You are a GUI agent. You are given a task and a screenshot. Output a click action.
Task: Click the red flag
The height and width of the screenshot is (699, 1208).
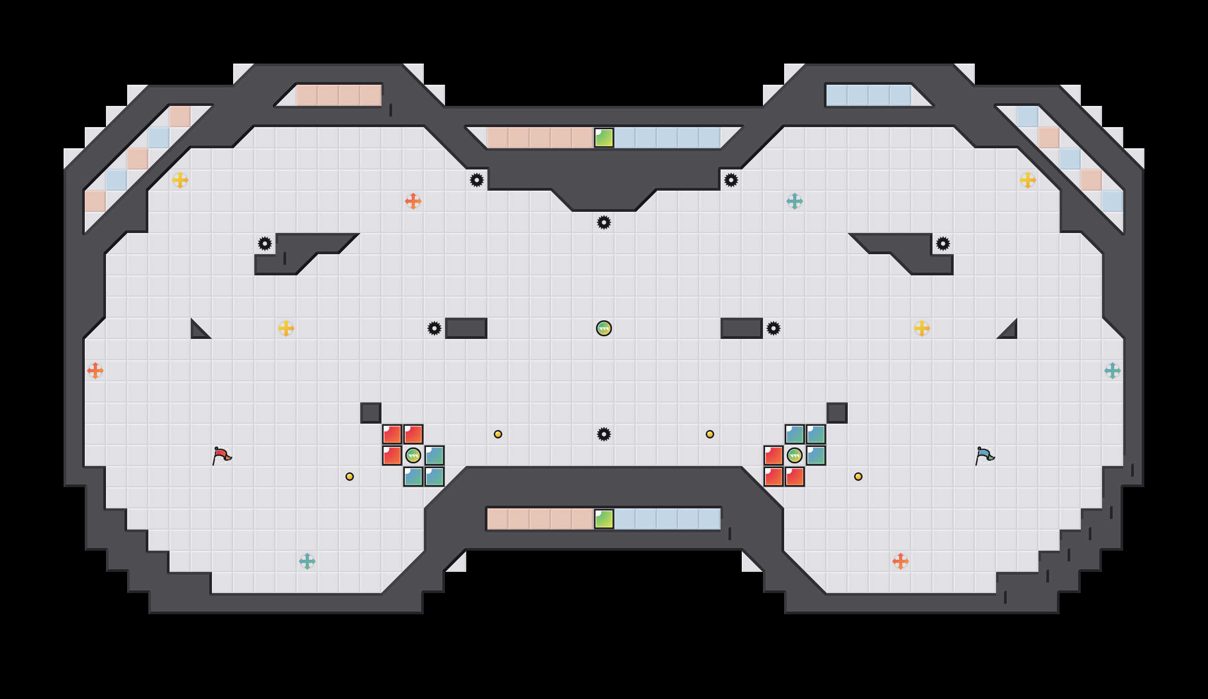(221, 455)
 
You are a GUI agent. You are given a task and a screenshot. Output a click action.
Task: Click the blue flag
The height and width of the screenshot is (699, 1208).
(984, 455)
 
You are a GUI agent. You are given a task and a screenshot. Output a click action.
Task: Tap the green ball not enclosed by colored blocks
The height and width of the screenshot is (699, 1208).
(604, 328)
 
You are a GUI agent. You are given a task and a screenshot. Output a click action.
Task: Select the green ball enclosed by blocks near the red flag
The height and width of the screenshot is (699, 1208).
(413, 455)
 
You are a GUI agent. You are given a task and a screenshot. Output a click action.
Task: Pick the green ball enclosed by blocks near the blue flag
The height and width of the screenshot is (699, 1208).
(795, 455)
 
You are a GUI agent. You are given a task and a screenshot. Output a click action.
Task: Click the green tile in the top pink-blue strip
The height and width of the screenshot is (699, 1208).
(604, 138)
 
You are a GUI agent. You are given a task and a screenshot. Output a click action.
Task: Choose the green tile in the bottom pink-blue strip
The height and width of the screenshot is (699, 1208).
(604, 519)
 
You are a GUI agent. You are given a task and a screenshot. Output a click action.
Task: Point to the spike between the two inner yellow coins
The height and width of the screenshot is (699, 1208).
(604, 434)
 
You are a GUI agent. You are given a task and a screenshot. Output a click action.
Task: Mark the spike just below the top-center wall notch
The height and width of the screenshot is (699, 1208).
(604, 222)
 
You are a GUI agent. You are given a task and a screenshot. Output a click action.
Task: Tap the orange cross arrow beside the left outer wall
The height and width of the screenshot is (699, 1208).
(95, 371)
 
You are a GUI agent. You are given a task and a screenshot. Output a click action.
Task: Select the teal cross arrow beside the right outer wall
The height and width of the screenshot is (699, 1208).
(1113, 371)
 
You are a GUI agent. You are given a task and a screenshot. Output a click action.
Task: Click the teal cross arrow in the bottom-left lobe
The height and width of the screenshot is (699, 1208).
(307, 561)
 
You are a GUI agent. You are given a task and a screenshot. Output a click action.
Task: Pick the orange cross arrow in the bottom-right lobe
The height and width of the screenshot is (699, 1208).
(901, 561)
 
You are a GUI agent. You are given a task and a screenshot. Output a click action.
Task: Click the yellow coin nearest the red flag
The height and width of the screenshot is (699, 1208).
(350, 477)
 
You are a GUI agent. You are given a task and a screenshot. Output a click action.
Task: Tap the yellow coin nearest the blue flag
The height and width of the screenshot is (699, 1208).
(858, 477)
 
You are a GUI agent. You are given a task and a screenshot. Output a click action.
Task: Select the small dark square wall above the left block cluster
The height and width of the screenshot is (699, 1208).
(371, 413)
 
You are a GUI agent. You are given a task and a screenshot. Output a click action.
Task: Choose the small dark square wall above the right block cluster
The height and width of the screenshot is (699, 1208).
(837, 413)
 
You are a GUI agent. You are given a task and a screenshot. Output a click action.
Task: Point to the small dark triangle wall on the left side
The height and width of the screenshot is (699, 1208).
(198, 331)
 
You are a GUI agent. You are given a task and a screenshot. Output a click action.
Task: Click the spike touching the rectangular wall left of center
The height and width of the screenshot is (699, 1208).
(434, 328)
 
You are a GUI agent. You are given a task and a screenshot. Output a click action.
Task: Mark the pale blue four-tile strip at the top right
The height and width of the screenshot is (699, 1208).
(869, 95)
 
